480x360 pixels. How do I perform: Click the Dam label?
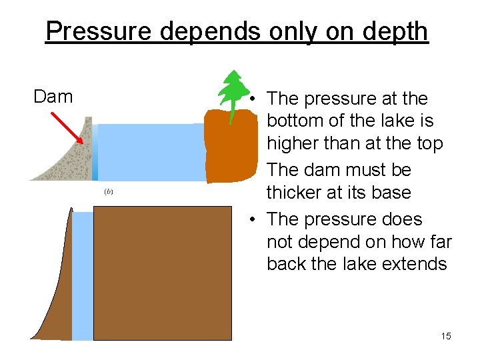(x=53, y=97)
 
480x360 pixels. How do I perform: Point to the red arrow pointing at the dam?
(x=67, y=128)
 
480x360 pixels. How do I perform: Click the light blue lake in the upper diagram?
(x=150, y=153)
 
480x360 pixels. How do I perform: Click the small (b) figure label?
(x=109, y=192)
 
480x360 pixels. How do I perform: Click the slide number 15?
(x=446, y=336)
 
